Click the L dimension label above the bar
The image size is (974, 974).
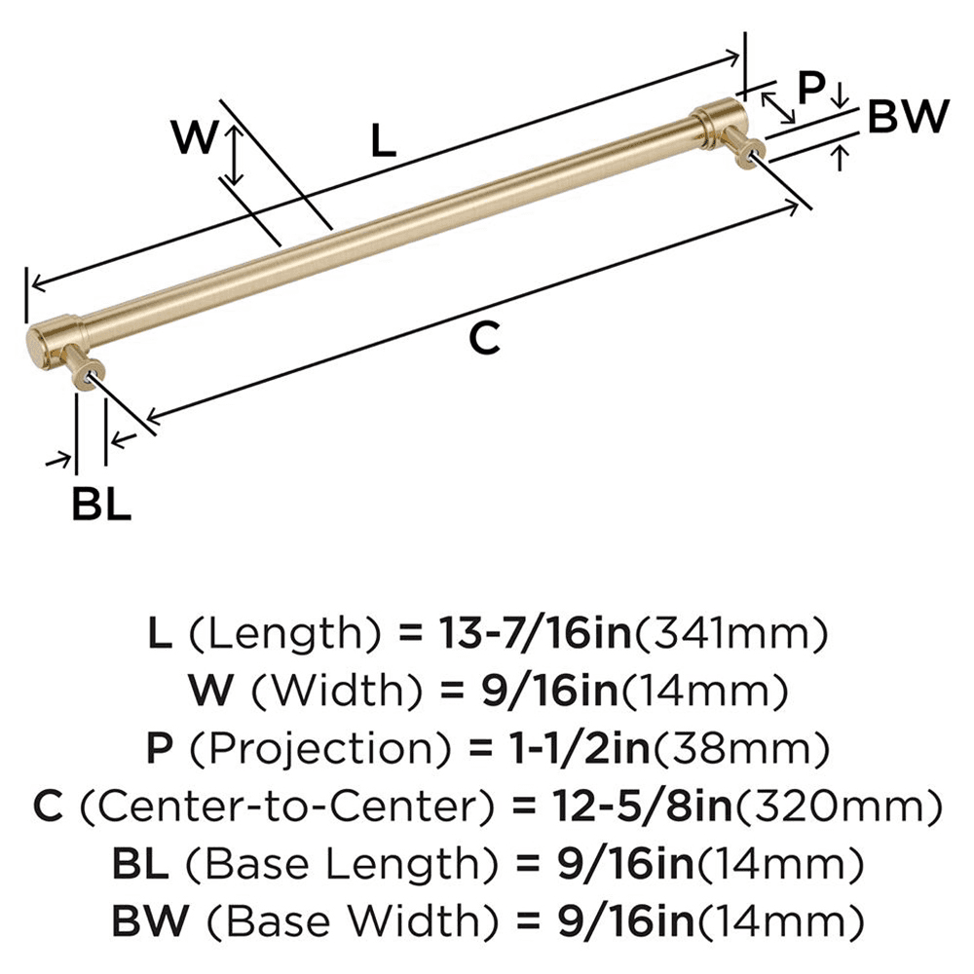[x=384, y=142]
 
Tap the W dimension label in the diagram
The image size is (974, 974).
[x=193, y=137]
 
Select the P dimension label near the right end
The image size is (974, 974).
[x=810, y=88]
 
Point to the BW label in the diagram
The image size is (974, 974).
[x=907, y=118]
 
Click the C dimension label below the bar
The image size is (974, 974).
[x=484, y=338]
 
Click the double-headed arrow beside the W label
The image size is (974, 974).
[x=233, y=156]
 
